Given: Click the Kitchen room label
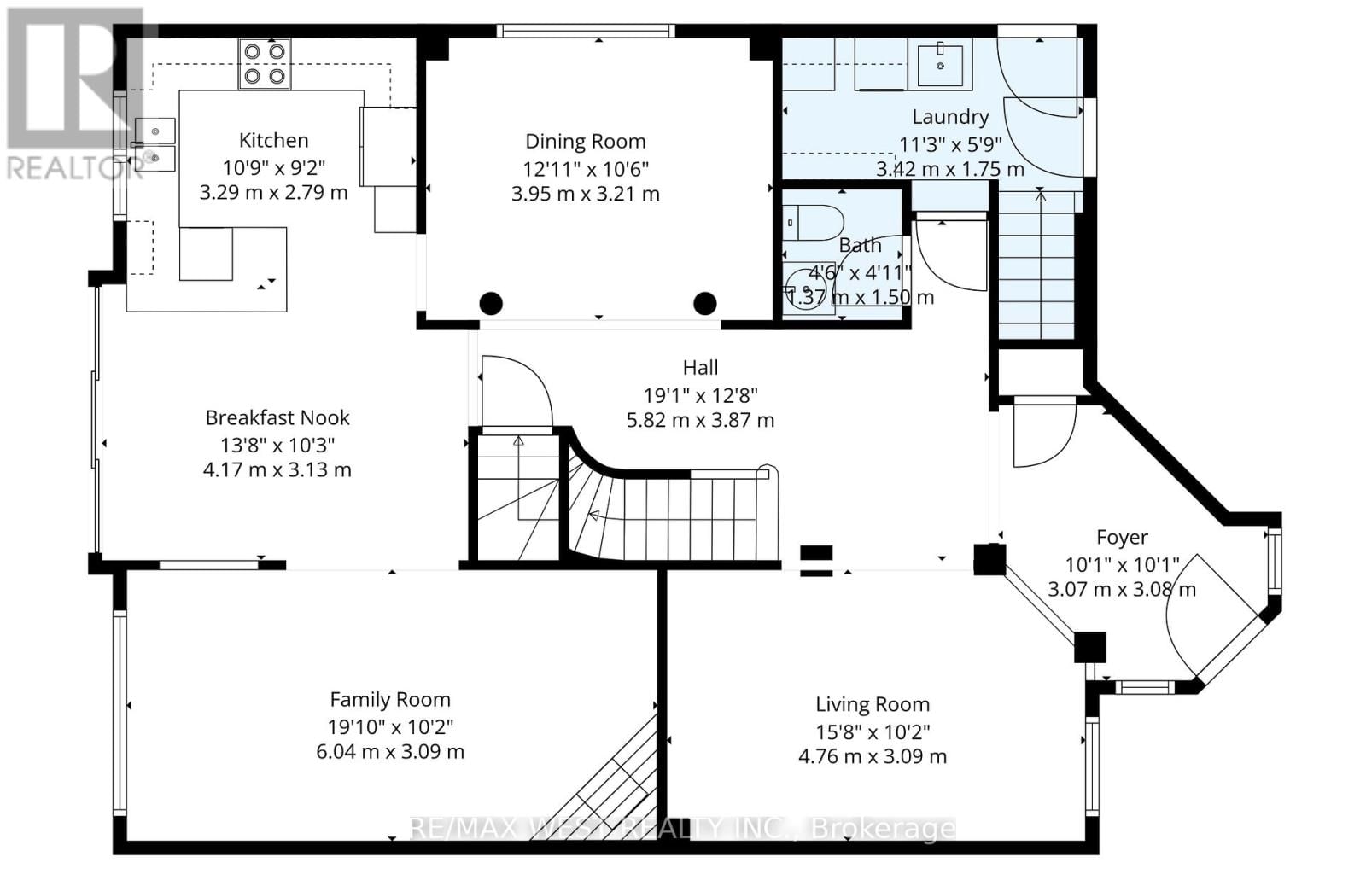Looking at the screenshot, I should [x=273, y=140].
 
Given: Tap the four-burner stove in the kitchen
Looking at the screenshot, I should [x=264, y=64].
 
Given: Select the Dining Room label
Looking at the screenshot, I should [x=585, y=142].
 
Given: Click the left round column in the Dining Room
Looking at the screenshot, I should [x=491, y=303].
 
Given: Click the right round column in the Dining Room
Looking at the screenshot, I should [x=704, y=303].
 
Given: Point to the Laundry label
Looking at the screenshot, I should [x=950, y=117].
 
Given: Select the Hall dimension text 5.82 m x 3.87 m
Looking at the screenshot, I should [x=700, y=420].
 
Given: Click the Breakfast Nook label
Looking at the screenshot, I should [x=277, y=417].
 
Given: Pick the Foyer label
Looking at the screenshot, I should [x=1122, y=538].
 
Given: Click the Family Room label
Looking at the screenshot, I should [x=390, y=700].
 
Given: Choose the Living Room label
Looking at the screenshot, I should [x=872, y=705].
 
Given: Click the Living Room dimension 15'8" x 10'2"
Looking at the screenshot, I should [x=872, y=731].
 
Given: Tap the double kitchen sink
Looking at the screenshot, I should [x=155, y=144].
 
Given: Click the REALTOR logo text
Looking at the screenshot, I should [x=73, y=168].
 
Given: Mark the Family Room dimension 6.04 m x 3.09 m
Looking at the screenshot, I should [x=390, y=752].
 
